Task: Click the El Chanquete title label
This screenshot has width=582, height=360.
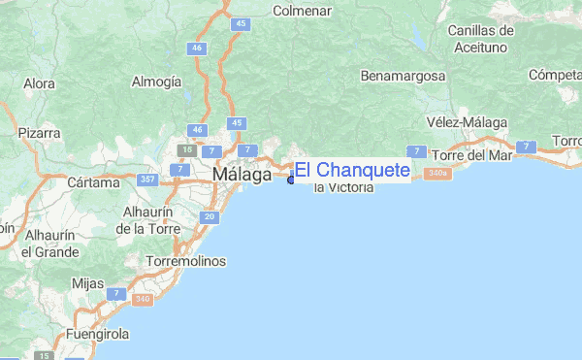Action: pyautogui.click(x=352, y=171)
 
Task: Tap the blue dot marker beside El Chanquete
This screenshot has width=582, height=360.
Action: pyautogui.click(x=291, y=180)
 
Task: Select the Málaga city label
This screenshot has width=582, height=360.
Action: pyautogui.click(x=242, y=175)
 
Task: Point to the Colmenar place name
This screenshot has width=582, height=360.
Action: pyautogui.click(x=302, y=12)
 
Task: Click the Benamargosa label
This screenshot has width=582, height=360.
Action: pyautogui.click(x=402, y=75)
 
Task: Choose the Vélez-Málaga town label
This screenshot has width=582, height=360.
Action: pyautogui.click(x=461, y=121)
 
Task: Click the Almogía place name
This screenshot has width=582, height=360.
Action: pyautogui.click(x=156, y=82)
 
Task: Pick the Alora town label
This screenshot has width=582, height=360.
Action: pyautogui.click(x=40, y=83)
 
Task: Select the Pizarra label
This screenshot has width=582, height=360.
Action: pyautogui.click(x=39, y=132)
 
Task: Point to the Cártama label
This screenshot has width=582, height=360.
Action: pyautogui.click(x=93, y=182)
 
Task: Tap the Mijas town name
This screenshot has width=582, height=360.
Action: pyautogui.click(x=88, y=283)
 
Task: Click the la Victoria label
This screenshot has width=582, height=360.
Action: pyautogui.click(x=343, y=186)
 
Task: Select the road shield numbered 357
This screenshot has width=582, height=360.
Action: pyautogui.click(x=148, y=180)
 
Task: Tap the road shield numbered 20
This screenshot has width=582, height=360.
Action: pyautogui.click(x=210, y=216)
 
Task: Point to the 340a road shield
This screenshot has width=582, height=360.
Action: pyautogui.click(x=437, y=174)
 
